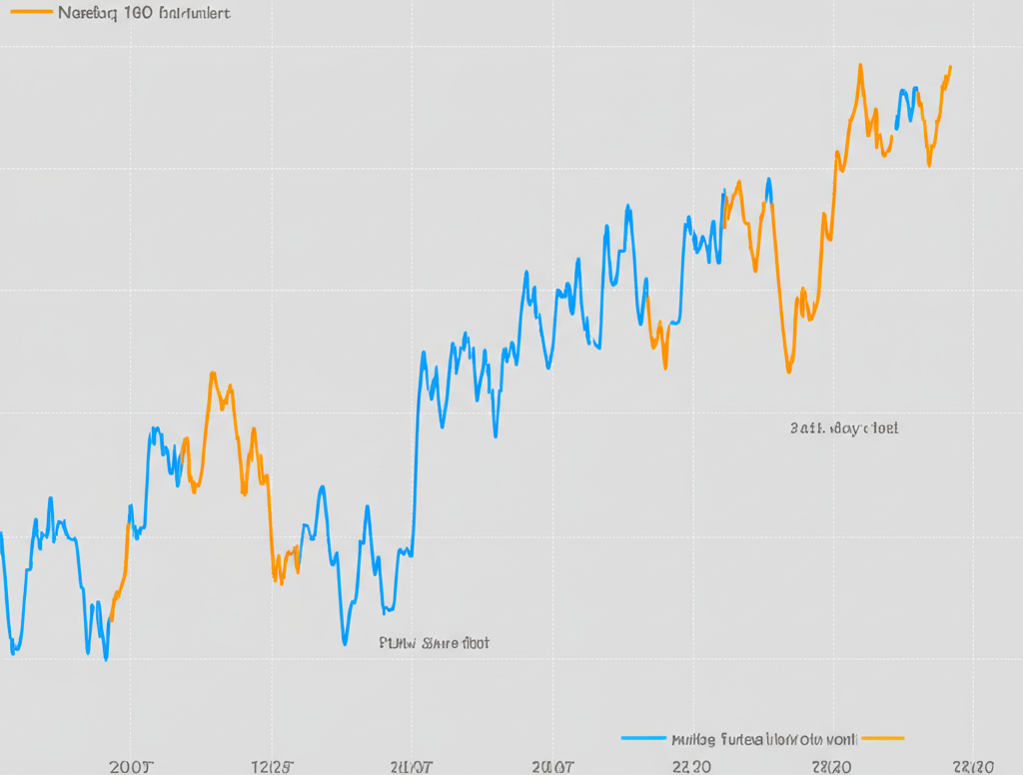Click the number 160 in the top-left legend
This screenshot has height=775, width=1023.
(x=139, y=15)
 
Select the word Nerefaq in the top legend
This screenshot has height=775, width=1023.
(x=86, y=15)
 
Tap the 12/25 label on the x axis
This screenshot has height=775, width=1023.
(x=272, y=767)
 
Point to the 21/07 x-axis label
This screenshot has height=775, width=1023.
(x=411, y=767)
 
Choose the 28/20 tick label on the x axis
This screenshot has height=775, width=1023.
(x=831, y=767)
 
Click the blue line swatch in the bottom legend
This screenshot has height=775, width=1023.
(x=642, y=739)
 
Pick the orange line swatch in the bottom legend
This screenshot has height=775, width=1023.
(x=881, y=739)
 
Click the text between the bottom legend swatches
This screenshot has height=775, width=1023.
(x=762, y=740)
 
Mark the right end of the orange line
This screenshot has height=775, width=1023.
(x=950, y=68)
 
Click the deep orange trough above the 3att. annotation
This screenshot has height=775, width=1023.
(x=788, y=371)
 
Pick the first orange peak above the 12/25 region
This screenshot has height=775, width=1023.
(x=213, y=375)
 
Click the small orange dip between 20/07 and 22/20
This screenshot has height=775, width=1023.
(x=664, y=366)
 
